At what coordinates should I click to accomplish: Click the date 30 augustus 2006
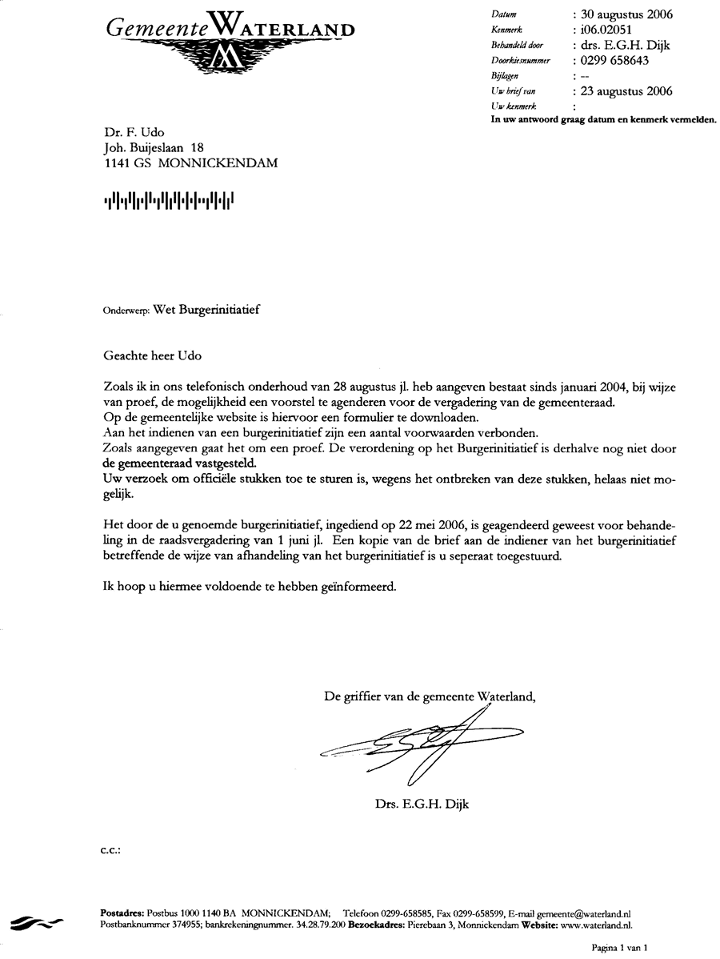click(627, 14)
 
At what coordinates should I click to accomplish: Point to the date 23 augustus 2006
click(627, 91)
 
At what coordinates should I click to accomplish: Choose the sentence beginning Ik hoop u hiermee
click(250, 585)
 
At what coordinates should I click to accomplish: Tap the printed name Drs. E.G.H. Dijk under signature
click(421, 804)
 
